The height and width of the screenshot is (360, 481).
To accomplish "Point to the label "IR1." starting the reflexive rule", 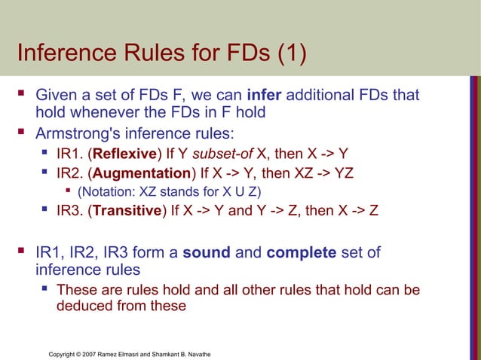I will pos(71,154).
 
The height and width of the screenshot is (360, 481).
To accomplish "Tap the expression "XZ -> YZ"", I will pos(320,172).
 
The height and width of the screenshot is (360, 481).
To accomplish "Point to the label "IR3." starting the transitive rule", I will pos(71,209).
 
